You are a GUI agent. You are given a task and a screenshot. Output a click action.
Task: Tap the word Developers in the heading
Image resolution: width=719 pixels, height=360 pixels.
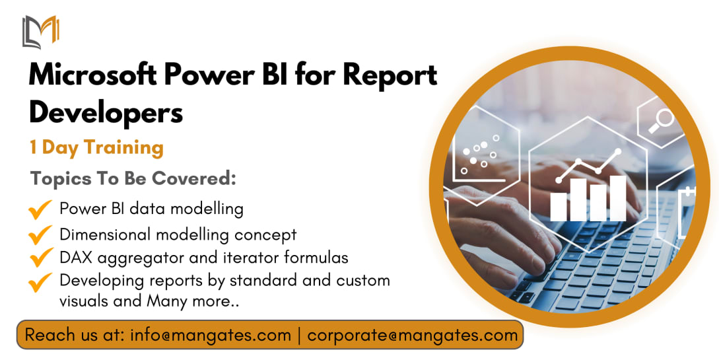pyautogui.click(x=106, y=113)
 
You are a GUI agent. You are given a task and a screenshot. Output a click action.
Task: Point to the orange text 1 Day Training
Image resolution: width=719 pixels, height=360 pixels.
pyautogui.click(x=96, y=148)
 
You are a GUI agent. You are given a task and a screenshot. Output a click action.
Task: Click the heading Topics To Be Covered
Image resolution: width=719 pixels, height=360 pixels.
pyautogui.click(x=133, y=178)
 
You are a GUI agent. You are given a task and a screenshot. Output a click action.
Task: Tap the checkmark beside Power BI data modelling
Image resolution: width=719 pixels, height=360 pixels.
pyautogui.click(x=40, y=209)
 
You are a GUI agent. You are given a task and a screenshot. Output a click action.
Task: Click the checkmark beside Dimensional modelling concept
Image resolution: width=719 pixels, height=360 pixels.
pyautogui.click(x=40, y=234)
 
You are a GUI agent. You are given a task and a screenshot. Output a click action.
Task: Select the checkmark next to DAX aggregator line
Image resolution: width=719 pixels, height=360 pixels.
pyautogui.click(x=40, y=257)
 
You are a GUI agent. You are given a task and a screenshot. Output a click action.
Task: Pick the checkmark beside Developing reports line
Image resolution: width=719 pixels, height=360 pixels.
pyautogui.click(x=40, y=282)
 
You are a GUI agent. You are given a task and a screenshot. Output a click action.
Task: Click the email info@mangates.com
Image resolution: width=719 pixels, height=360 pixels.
pyautogui.click(x=211, y=336)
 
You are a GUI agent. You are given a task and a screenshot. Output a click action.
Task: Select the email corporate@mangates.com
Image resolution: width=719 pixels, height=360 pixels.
pyautogui.click(x=412, y=336)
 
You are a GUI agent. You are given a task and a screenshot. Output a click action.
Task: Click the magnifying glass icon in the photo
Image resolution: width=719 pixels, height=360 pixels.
pyautogui.click(x=661, y=121)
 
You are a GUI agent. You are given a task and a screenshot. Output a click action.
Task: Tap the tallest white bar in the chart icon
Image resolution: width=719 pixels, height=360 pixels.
pyautogui.click(x=618, y=198)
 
